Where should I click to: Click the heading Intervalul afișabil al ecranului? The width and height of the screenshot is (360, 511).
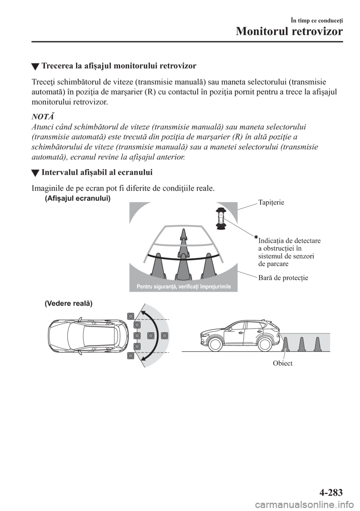[97, 173]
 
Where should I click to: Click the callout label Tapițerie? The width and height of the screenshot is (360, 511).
[271, 202]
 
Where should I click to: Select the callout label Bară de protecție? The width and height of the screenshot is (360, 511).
[283, 278]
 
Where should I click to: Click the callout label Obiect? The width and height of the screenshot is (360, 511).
[282, 363]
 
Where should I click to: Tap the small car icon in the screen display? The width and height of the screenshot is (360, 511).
[220, 218]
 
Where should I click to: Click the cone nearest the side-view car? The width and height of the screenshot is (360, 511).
[286, 344]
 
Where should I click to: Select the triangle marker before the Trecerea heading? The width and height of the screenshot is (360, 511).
[35, 67]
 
